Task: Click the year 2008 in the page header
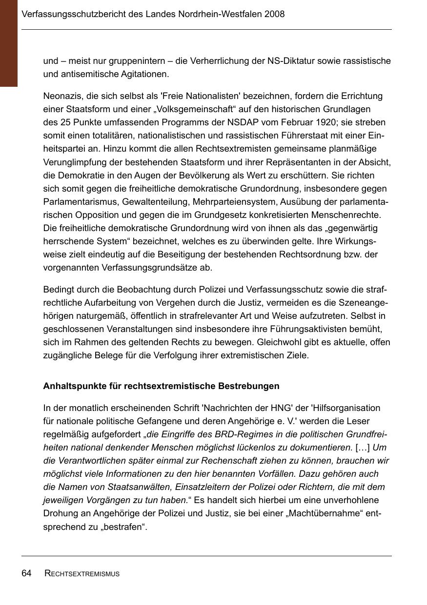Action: point(275,14)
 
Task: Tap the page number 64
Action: point(27,573)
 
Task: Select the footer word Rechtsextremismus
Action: point(82,574)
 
